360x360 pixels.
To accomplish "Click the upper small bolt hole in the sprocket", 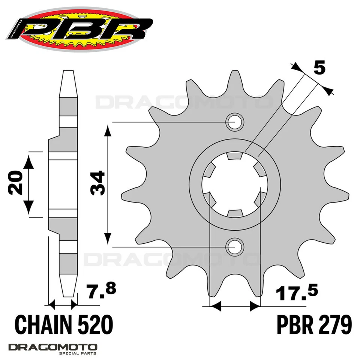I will [235, 122].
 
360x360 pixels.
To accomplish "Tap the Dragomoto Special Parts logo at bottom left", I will [52, 348].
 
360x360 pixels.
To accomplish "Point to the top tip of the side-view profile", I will [67, 72].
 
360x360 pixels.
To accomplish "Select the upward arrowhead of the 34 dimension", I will [108, 130].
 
